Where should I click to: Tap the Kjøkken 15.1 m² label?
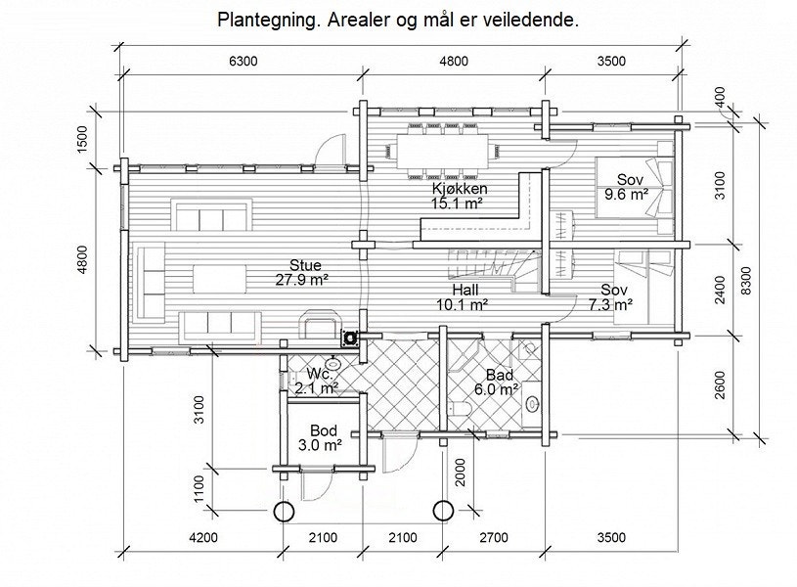(x=459, y=196)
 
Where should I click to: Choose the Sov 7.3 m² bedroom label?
(x=613, y=297)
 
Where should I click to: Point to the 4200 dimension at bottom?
(x=202, y=537)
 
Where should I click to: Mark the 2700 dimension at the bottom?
(x=493, y=537)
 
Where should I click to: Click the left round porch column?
(x=284, y=511)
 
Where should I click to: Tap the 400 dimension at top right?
(x=720, y=98)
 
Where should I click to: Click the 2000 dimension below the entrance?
(x=461, y=479)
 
